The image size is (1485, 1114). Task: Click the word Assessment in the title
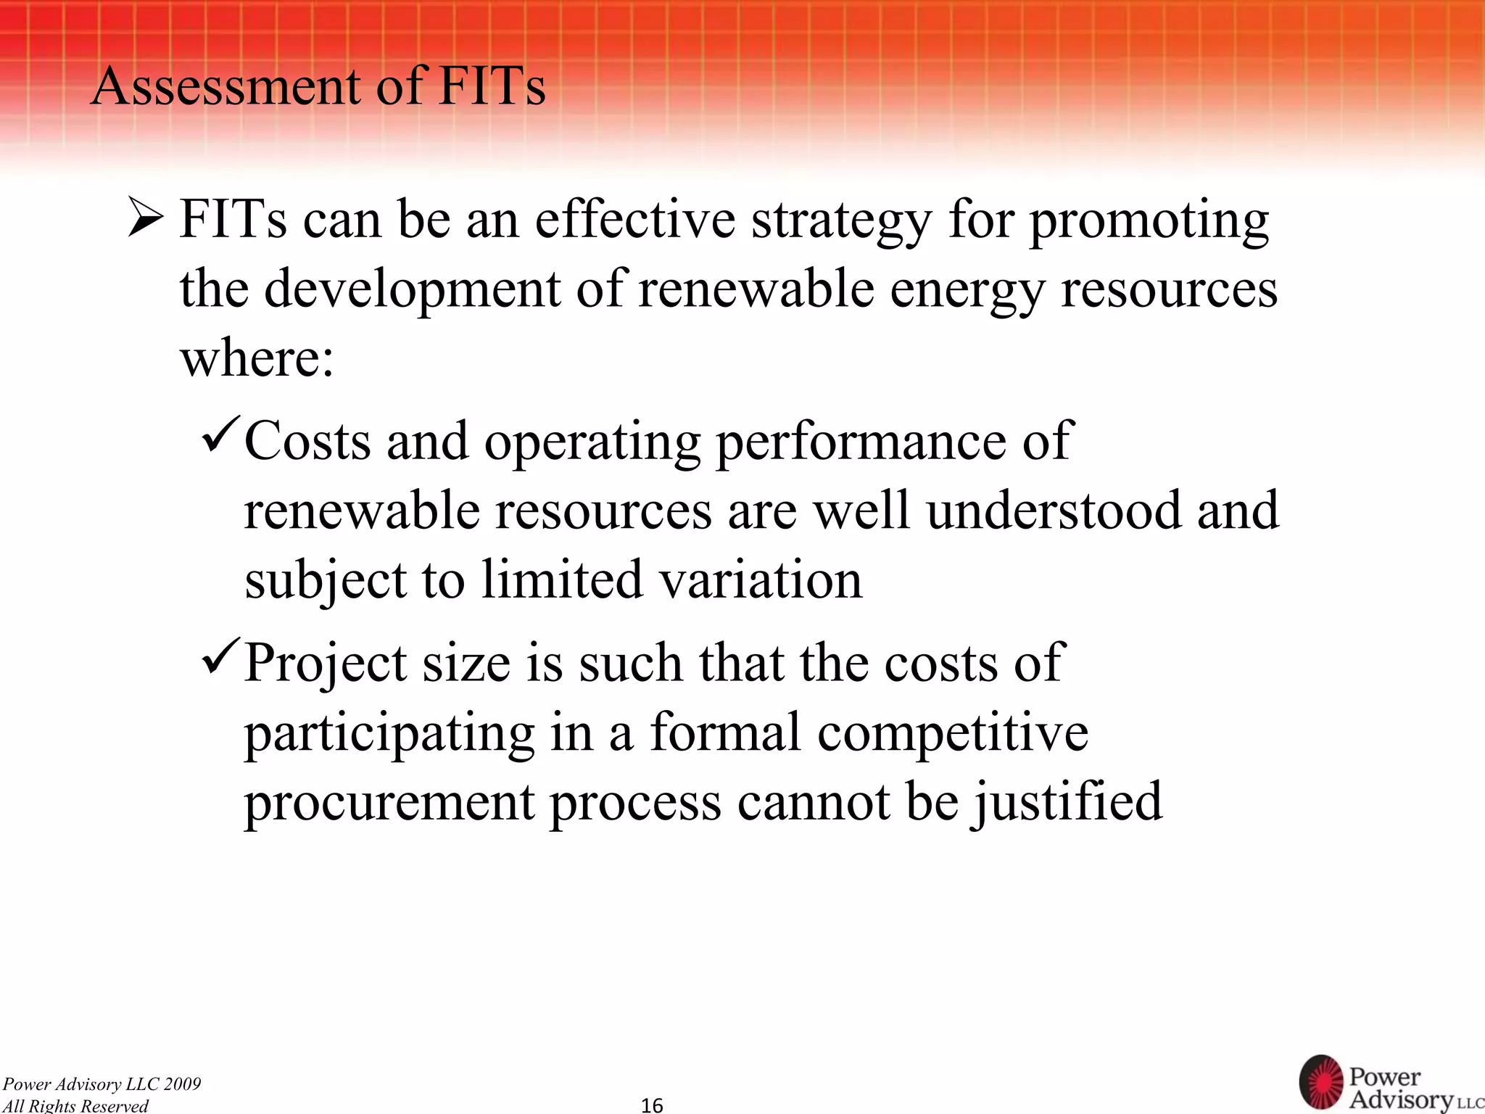click(x=226, y=87)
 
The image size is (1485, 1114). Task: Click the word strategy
click(x=841, y=221)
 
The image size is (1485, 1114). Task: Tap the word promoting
click(x=1149, y=221)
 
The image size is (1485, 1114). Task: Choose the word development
click(x=413, y=290)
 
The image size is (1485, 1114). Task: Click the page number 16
click(x=652, y=1105)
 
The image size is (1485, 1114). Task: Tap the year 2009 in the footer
click(x=182, y=1084)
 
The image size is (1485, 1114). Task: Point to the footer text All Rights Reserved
click(x=75, y=1105)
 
